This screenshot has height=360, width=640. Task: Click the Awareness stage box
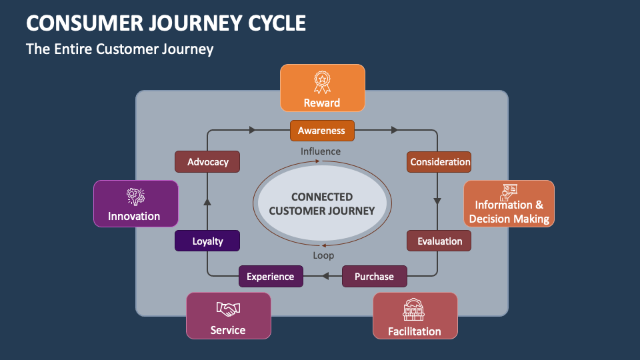pyautogui.click(x=322, y=131)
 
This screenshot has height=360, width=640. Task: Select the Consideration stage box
pyautogui.click(x=439, y=162)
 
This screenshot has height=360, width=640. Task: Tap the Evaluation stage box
pyautogui.click(x=439, y=241)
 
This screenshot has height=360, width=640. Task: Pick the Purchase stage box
pyautogui.click(x=374, y=276)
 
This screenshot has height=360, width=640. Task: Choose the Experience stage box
pyautogui.click(x=271, y=276)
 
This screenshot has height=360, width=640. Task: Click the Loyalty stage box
pyautogui.click(x=207, y=241)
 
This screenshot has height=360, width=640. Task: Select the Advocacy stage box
pyautogui.click(x=207, y=162)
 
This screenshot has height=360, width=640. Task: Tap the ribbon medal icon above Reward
pyautogui.click(x=322, y=82)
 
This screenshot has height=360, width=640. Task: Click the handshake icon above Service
pyautogui.click(x=228, y=309)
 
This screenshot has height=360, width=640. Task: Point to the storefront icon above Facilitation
pyautogui.click(x=415, y=310)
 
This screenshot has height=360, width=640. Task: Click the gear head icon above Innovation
pyautogui.click(x=135, y=197)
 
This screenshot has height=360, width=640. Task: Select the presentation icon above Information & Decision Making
pyautogui.click(x=509, y=189)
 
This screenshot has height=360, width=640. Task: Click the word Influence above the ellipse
pyautogui.click(x=321, y=151)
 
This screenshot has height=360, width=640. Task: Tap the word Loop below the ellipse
pyautogui.click(x=323, y=255)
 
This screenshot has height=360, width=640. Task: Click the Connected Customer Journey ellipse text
pyautogui.click(x=322, y=204)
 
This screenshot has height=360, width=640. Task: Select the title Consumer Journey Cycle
pyautogui.click(x=166, y=23)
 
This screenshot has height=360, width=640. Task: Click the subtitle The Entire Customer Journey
pyautogui.click(x=119, y=49)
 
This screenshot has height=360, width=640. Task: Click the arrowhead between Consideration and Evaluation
pyautogui.click(x=438, y=200)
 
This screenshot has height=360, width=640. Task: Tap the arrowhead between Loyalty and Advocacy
pyautogui.click(x=207, y=199)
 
